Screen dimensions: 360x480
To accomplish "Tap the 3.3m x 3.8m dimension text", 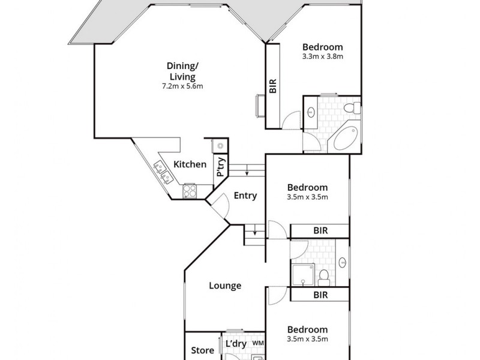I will click(x=322, y=58).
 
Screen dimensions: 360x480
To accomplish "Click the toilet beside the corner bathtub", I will click(x=355, y=108).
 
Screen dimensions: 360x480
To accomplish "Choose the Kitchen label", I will click(x=190, y=164).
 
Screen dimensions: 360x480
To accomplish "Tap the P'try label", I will click(x=220, y=166).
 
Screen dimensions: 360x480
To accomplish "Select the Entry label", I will click(x=245, y=196).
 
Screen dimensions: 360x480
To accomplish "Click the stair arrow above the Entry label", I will click(x=247, y=172).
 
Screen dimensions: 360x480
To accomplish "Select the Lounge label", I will click(x=225, y=286).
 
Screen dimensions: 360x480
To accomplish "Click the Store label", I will click(x=202, y=350).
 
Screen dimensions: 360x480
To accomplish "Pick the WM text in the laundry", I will click(x=259, y=343).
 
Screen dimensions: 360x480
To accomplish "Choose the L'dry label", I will click(x=236, y=344).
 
